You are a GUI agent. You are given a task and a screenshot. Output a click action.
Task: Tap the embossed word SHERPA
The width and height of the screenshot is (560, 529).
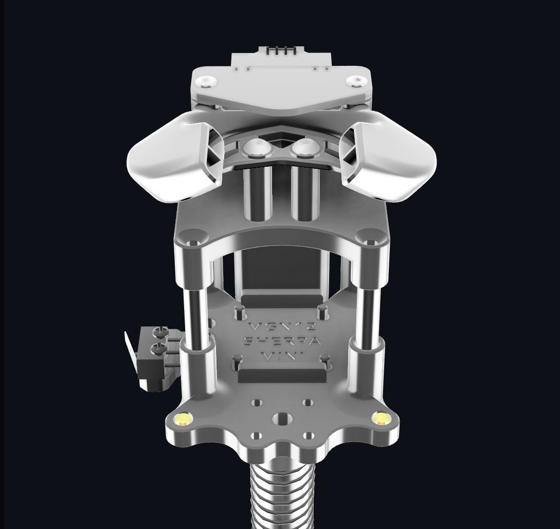[282, 341]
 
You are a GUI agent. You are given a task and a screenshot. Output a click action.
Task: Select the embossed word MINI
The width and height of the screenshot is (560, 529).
[282, 355]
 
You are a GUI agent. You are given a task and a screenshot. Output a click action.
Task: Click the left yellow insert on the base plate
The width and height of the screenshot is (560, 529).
[183, 419]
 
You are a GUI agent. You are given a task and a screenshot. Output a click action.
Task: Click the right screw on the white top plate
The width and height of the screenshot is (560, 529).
[355, 81]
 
